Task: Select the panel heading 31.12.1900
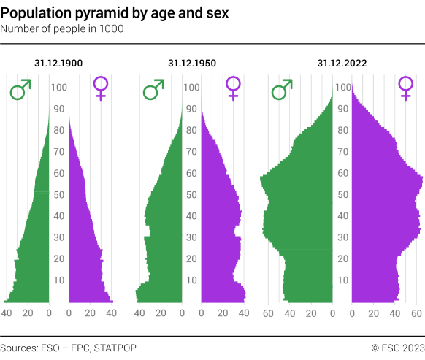click(x=58, y=64)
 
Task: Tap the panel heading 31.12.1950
click(x=191, y=64)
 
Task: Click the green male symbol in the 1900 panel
click(x=20, y=90)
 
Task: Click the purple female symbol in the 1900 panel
click(x=101, y=88)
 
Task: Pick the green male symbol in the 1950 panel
click(x=153, y=90)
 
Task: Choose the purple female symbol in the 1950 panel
click(x=233, y=88)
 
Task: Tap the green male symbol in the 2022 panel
click(x=282, y=90)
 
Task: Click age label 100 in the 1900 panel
click(x=59, y=88)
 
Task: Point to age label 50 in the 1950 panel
click(x=191, y=195)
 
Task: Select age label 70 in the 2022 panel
click(x=342, y=152)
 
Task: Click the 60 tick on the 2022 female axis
click(x=417, y=313)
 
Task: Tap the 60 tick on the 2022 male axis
click(x=268, y=313)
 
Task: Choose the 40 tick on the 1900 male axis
click(x=7, y=313)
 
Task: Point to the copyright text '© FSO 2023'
click(x=397, y=347)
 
